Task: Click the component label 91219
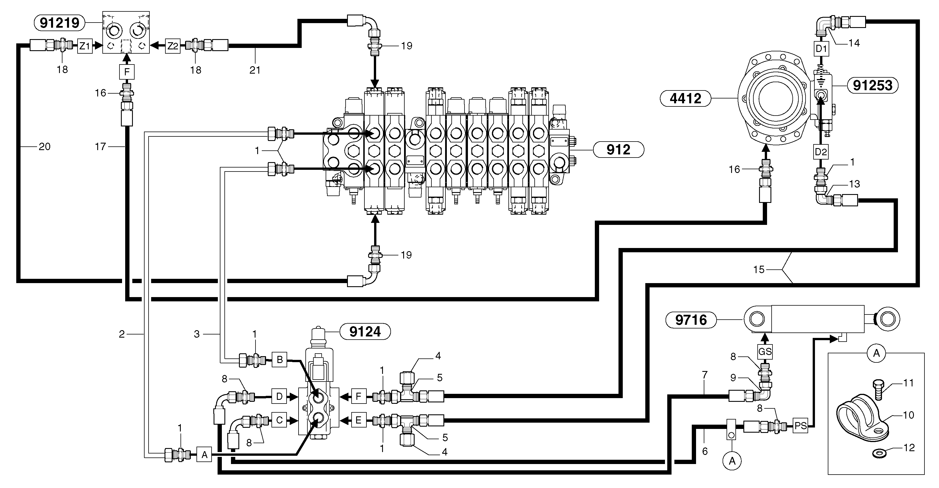point(59,23)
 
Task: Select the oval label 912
point(618,150)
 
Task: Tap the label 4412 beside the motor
point(685,98)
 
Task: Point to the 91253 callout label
point(872,85)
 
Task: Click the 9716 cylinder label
point(691,320)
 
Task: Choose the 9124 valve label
point(365,332)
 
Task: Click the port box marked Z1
point(85,46)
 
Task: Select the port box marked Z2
point(173,46)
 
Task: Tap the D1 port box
point(821,49)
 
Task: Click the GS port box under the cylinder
point(765,352)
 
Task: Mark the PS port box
point(800,426)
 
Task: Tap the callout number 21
point(255,70)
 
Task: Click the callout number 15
point(758,269)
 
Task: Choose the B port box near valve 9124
point(279,360)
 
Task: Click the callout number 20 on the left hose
point(44,147)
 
